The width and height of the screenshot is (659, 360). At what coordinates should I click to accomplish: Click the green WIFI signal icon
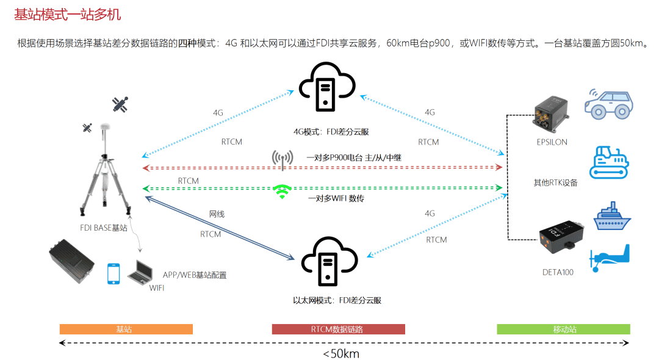tap(281, 191)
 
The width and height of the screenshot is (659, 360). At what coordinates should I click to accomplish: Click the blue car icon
tap(608, 103)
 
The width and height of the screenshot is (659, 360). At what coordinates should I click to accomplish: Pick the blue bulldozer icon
tap(608, 162)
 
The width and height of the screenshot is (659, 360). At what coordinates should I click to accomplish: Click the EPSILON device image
tap(551, 114)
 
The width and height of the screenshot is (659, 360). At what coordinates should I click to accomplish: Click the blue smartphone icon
tap(113, 273)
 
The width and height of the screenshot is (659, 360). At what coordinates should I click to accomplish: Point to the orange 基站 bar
tap(126, 329)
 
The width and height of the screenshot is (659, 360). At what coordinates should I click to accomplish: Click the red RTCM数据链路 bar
tap(338, 329)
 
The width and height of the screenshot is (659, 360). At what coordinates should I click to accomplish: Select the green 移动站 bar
tap(563, 329)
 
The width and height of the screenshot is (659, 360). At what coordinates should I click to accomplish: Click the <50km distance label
tap(341, 353)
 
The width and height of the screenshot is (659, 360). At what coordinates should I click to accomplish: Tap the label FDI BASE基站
tap(104, 228)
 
